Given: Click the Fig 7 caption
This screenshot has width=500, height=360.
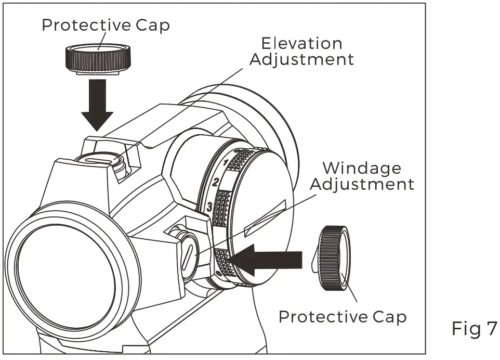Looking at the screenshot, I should (x=474, y=328).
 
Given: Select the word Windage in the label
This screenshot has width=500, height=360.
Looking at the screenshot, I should (x=362, y=168).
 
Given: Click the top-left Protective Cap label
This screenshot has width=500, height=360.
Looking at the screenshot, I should (x=106, y=25).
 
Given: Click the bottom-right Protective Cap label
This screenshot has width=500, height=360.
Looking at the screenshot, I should (x=343, y=316).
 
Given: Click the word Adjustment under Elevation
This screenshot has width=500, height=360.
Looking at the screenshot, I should (x=301, y=59).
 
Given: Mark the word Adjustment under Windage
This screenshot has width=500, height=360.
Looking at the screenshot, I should (x=362, y=184).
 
